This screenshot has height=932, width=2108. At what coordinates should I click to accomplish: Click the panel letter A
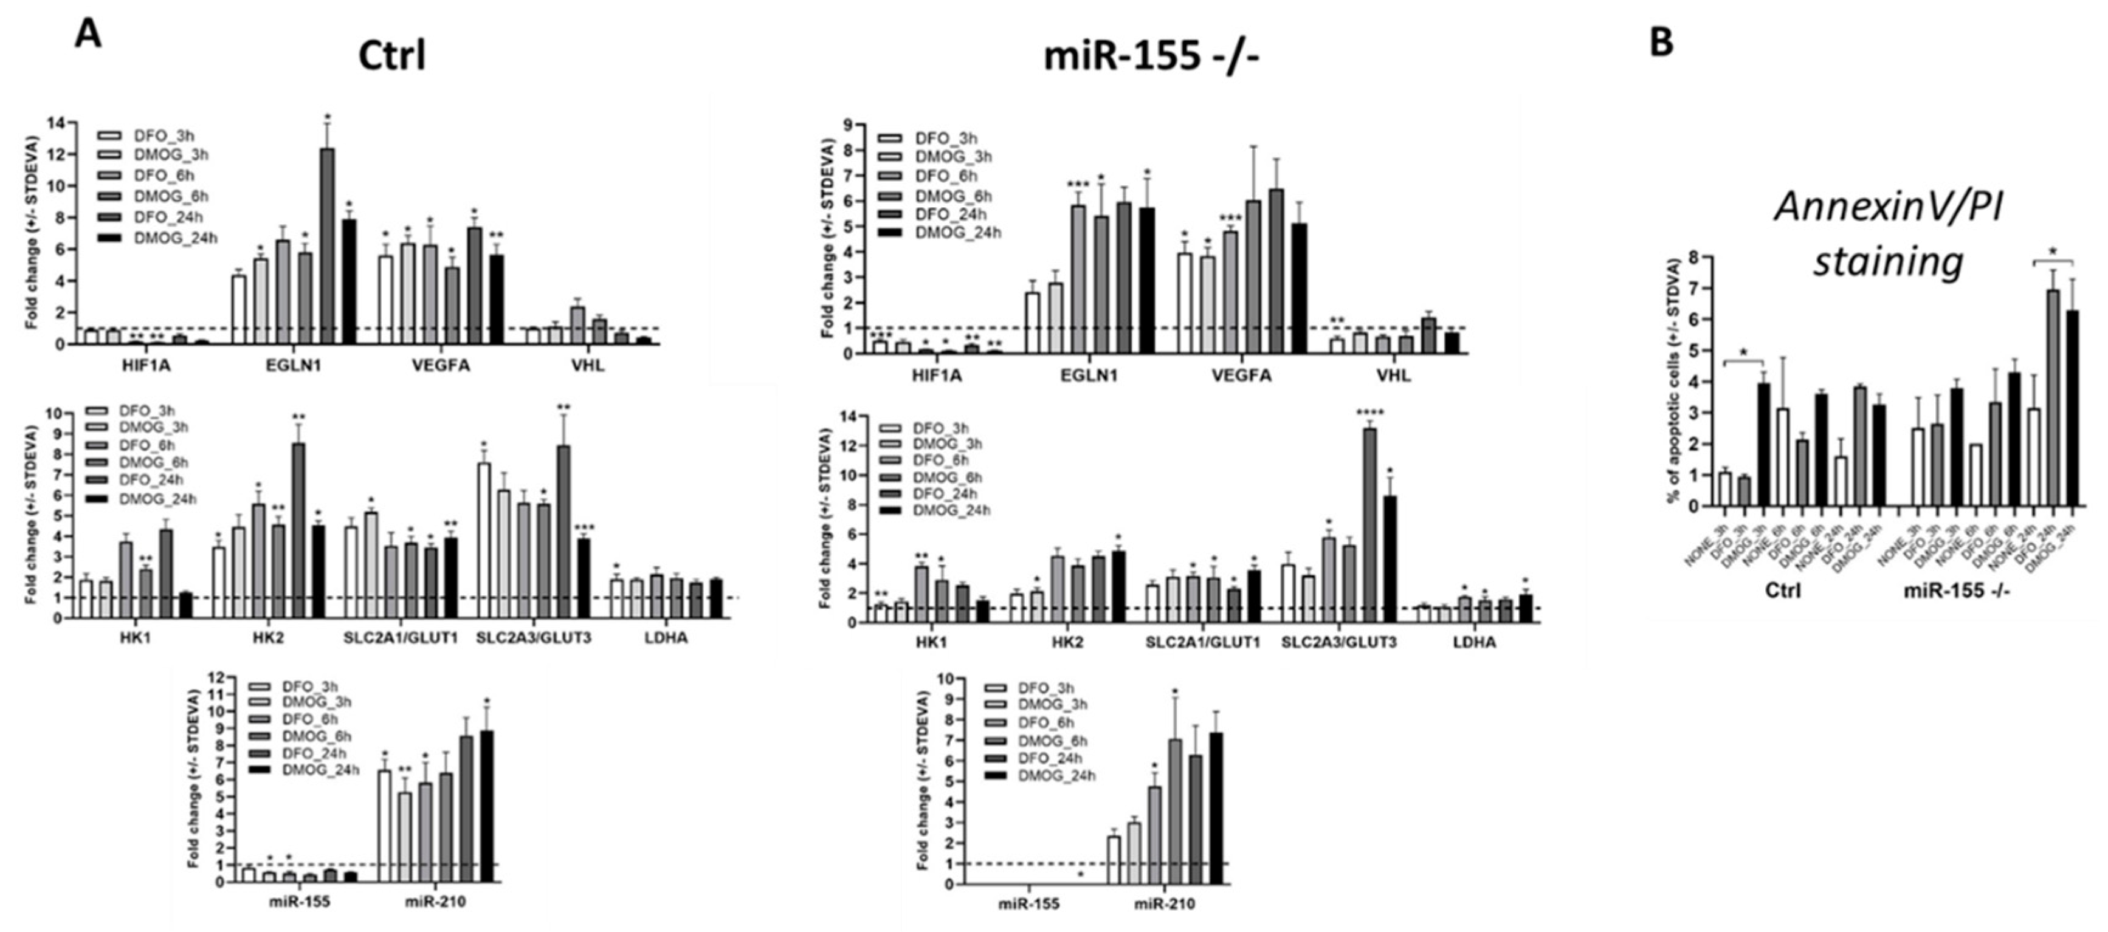click(x=88, y=35)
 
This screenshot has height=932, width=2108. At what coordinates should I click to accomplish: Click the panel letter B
click(x=1661, y=42)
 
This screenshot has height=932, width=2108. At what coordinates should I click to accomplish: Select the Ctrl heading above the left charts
click(x=392, y=57)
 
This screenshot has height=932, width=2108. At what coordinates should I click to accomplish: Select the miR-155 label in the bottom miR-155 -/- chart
click(x=1028, y=904)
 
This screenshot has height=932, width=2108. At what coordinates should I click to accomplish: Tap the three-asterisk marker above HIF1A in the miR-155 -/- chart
click(x=881, y=335)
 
